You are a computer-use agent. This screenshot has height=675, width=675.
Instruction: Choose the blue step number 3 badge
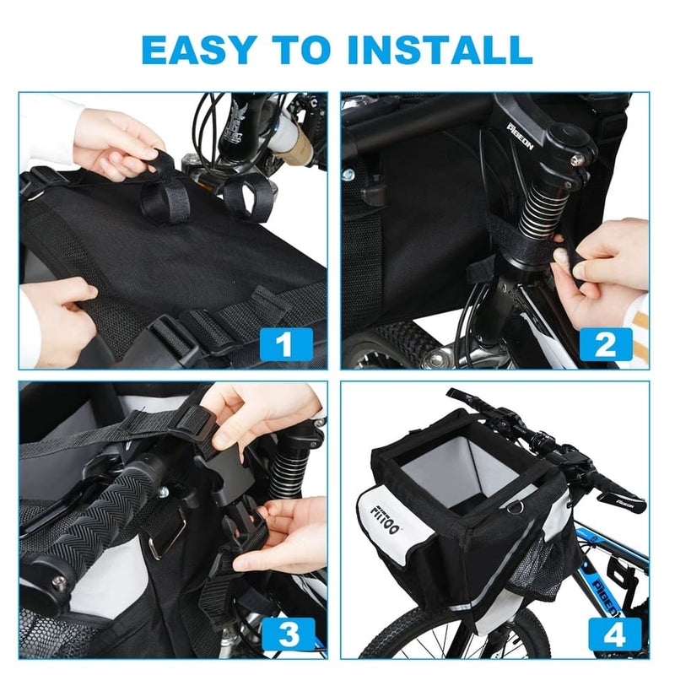[287, 633]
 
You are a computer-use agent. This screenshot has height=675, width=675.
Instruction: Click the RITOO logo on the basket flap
[384, 511]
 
